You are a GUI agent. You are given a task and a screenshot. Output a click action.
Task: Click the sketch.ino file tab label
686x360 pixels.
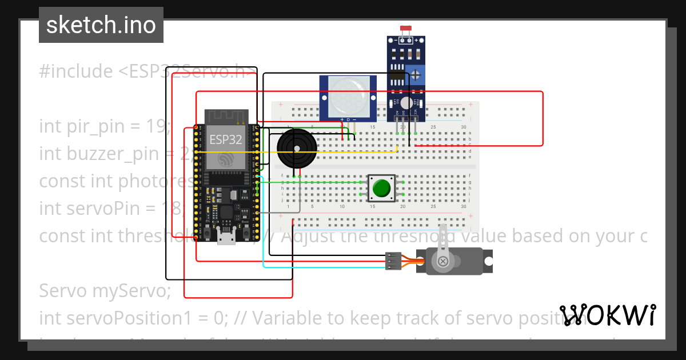[x=101, y=25]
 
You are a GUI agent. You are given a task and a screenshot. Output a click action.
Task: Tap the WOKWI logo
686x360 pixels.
[x=607, y=315]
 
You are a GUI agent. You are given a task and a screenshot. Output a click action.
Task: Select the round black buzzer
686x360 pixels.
[x=297, y=148]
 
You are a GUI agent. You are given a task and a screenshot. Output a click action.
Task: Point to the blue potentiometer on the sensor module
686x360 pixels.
[x=417, y=74]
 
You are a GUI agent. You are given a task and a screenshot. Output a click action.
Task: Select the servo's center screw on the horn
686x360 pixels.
[x=442, y=261]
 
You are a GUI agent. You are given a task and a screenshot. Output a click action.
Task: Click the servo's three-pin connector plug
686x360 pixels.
[x=393, y=261]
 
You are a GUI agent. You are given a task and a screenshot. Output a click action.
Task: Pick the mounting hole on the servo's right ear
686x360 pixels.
[x=488, y=261]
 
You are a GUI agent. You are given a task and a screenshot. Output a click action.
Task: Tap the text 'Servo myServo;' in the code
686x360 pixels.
[x=105, y=291]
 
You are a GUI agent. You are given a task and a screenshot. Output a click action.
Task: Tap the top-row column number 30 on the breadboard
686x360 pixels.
[x=463, y=126]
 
